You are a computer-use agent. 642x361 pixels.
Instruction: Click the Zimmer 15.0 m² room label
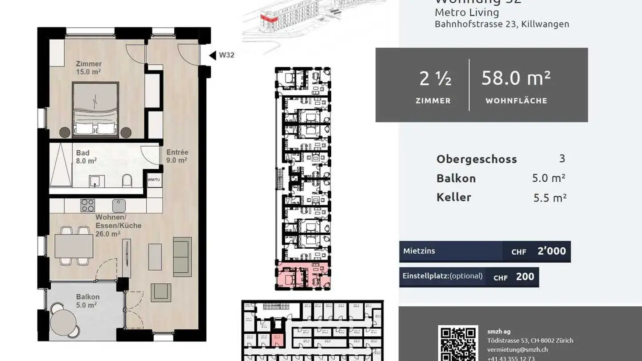point(88,67)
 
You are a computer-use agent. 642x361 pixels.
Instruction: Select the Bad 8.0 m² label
point(85,156)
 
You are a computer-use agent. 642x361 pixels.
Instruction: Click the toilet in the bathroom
point(127,180)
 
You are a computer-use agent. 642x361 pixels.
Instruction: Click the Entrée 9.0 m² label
point(177,156)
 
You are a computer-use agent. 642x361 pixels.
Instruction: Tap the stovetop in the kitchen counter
point(87,205)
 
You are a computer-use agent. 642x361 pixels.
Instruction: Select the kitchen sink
point(119,205)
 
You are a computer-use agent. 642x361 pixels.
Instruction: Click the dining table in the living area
point(74,246)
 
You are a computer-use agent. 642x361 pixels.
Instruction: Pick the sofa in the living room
point(182,251)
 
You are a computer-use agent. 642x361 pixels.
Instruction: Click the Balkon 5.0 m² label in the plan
point(87,301)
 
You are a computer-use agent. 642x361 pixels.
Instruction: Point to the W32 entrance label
point(226,56)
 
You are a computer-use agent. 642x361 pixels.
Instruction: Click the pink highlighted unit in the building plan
point(304,276)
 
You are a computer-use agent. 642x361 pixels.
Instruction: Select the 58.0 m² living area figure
point(516,79)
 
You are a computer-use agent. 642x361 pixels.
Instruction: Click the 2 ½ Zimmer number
point(435,79)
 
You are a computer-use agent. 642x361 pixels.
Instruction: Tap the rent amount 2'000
point(551,251)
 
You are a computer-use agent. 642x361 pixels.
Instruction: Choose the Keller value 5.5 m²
point(550,198)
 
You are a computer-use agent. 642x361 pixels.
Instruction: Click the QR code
point(458,343)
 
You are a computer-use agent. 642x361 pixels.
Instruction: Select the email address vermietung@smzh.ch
point(517,349)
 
